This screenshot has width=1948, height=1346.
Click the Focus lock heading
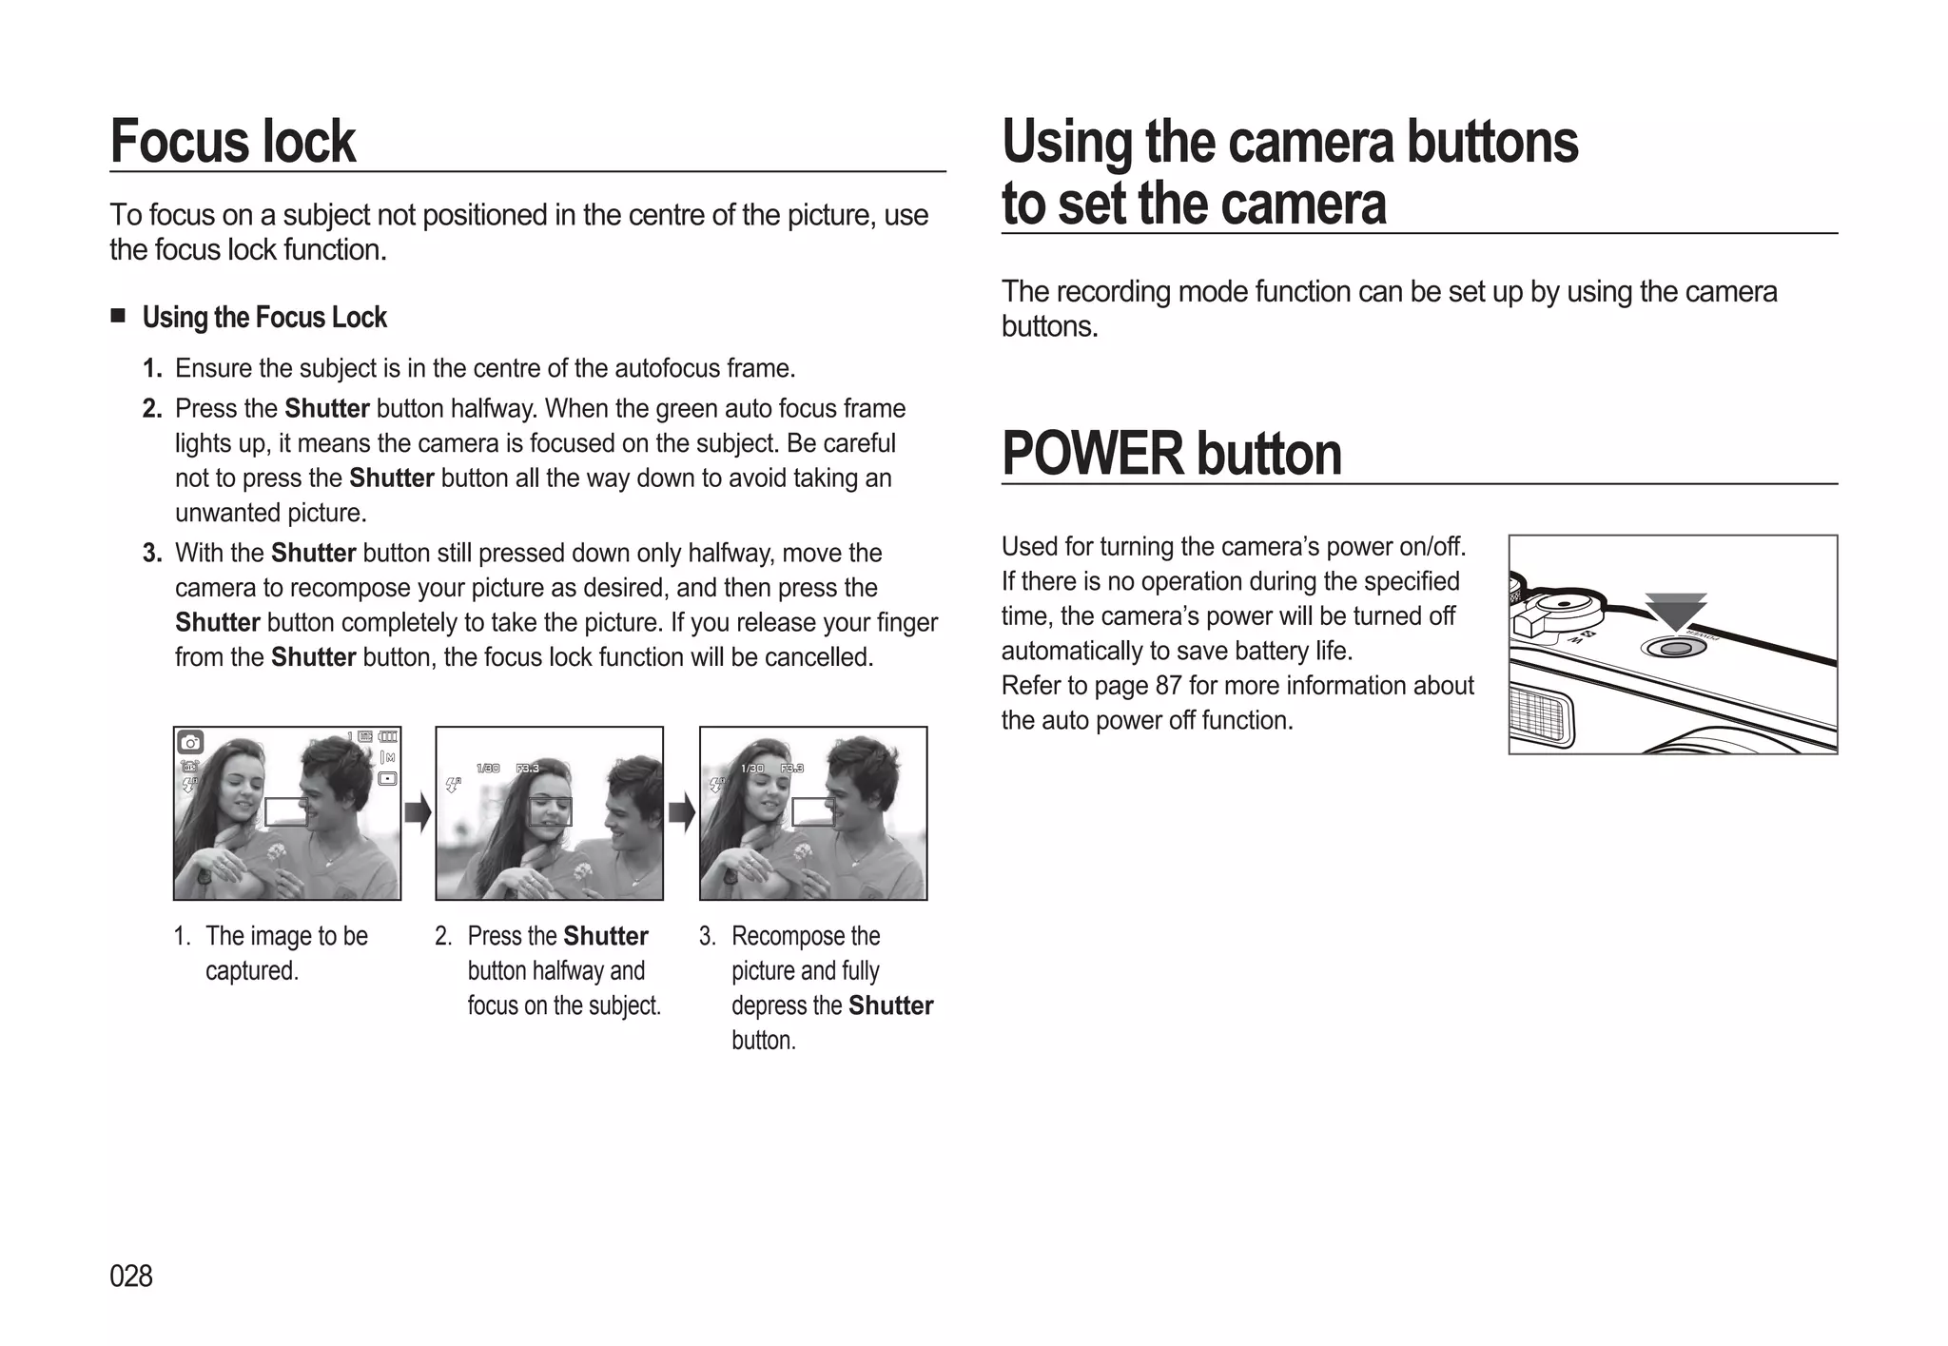pyautogui.click(x=233, y=142)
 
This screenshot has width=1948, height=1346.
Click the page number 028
pyautogui.click(x=131, y=1276)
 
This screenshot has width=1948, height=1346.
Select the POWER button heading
pyautogui.click(x=1171, y=454)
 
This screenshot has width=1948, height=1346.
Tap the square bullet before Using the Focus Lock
pyautogui.click(x=118, y=316)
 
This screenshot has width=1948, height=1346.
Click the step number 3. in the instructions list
pyautogui.click(x=152, y=553)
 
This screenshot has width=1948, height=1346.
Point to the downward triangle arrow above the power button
pyautogui.click(x=1676, y=612)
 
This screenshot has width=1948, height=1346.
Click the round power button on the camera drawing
pyautogui.click(x=1676, y=649)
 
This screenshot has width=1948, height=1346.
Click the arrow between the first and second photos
pyautogui.click(x=418, y=813)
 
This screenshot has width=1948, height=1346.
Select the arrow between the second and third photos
pyautogui.click(x=681, y=813)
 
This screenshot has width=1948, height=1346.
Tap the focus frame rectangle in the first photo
pyautogui.click(x=285, y=811)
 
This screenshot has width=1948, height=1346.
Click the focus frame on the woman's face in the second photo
pyautogui.click(x=550, y=811)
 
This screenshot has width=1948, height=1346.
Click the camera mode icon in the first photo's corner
pyautogui.click(x=190, y=742)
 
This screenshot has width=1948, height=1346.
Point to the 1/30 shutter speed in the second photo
pyautogui.click(x=487, y=768)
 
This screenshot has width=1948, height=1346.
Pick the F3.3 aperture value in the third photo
pyautogui.click(x=791, y=768)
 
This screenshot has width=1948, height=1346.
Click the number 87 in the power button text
pyautogui.click(x=1168, y=686)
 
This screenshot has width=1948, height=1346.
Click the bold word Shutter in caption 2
pyautogui.click(x=605, y=936)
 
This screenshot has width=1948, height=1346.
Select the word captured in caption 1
pyautogui.click(x=251, y=971)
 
